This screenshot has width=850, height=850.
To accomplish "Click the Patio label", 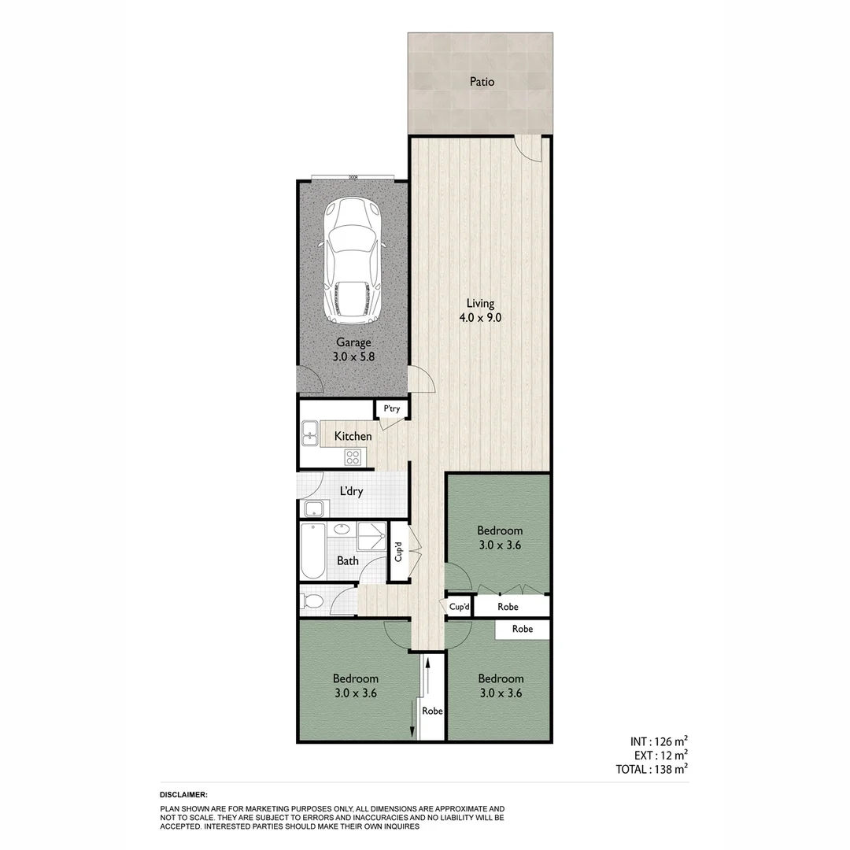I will (482, 81).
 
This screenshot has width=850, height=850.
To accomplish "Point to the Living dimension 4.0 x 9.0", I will (479, 318).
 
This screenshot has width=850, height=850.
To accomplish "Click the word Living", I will (480, 303).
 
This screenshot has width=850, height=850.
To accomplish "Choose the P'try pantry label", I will (391, 409).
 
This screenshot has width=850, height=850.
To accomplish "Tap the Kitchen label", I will (353, 436).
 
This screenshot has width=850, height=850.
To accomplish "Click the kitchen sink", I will (309, 432).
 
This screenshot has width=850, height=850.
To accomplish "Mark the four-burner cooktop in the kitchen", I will (352, 456).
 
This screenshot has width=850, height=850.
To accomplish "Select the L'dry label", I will (351, 492).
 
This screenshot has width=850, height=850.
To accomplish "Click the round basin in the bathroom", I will (342, 530).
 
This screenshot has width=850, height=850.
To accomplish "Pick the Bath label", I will (348, 561).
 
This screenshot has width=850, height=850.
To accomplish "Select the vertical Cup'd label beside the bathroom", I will (398, 551).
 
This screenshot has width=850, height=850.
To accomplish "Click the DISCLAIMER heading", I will (183, 795).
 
